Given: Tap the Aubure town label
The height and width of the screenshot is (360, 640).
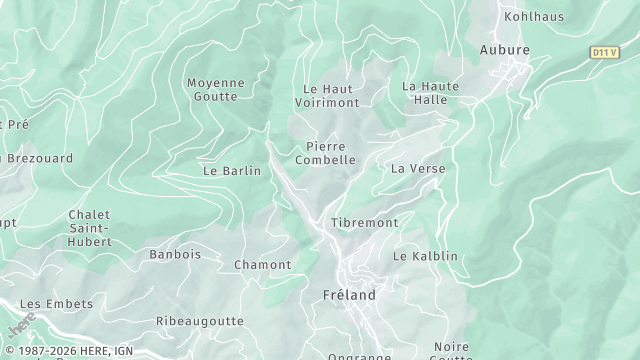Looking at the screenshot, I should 504,49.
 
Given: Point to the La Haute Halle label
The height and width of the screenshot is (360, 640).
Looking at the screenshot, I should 431,93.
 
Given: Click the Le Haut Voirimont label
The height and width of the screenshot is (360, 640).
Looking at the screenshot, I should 330,96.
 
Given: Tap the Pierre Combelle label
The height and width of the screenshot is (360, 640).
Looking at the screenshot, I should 325,153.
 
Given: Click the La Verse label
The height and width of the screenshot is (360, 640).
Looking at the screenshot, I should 418,168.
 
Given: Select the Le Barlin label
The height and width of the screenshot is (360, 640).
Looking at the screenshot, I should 231,171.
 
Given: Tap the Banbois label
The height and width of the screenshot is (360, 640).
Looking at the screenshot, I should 175,255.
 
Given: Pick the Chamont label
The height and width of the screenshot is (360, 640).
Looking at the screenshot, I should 262,265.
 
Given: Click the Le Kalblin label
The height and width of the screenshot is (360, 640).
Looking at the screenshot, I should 425,256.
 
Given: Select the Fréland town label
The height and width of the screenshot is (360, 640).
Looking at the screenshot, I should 350,295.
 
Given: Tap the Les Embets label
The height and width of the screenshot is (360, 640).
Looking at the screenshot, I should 56,304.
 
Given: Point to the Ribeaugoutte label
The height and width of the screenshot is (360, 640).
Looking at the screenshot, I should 200,321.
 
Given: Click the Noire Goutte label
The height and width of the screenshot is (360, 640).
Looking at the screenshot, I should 452,352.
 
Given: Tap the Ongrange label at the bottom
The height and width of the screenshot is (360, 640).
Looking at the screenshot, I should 360,355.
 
